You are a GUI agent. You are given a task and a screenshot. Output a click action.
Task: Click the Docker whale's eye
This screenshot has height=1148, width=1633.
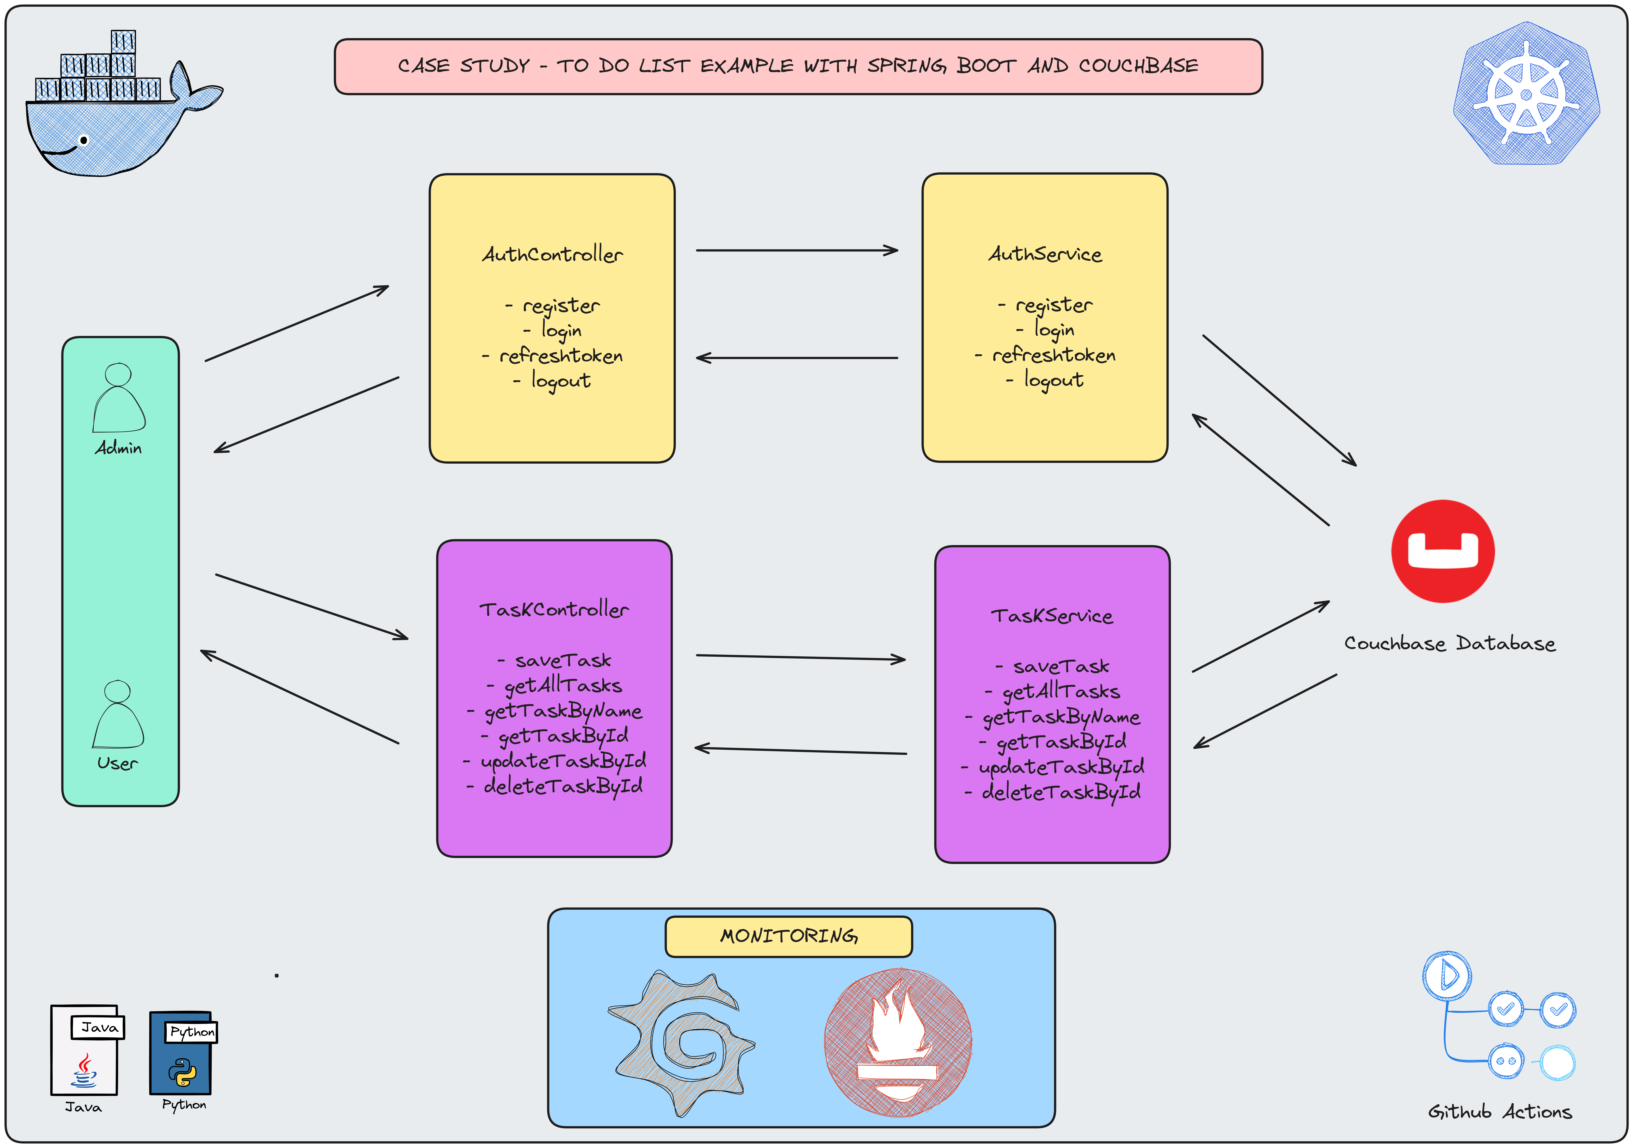tap(84, 140)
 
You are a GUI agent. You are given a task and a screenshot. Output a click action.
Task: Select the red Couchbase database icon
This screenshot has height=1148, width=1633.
tap(1442, 551)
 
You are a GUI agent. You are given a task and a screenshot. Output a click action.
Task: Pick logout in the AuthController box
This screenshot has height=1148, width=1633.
tap(560, 381)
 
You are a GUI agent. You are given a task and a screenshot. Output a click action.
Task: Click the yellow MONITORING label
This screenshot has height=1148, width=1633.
tap(789, 936)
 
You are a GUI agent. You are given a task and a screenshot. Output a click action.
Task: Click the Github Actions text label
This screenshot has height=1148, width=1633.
tap(1499, 1112)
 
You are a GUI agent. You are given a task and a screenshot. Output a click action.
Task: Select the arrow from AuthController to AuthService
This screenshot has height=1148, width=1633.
tap(797, 250)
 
